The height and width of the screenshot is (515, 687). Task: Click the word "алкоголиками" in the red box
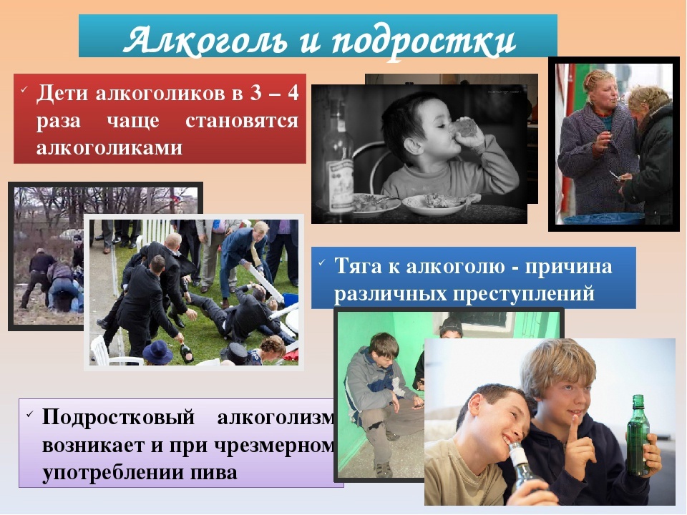tap(109, 147)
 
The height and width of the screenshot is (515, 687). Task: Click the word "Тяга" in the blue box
tap(358, 266)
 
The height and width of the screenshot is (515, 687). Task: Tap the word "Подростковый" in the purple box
tap(118, 417)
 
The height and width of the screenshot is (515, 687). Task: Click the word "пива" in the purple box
tap(214, 473)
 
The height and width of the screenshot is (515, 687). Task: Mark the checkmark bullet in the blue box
tap(322, 263)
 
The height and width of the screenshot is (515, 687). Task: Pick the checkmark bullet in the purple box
tap(29, 414)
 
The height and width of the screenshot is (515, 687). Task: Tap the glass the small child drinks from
tap(462, 128)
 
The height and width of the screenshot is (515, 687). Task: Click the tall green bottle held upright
tap(638, 435)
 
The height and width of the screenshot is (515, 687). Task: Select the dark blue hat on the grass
tap(157, 353)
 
